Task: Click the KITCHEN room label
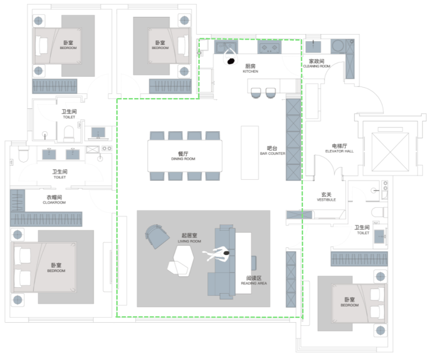pyautogui.click(x=250, y=71)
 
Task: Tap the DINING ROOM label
pyautogui.click(x=183, y=159)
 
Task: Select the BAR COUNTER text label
pyautogui.click(x=273, y=154)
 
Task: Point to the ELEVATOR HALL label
pyautogui.click(x=339, y=151)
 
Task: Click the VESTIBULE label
pyautogui.click(x=326, y=200)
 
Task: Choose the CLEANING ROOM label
pyautogui.click(x=317, y=66)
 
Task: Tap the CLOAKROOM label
pyautogui.click(x=54, y=203)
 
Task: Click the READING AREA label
pyautogui.click(x=254, y=283)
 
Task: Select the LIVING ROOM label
pyautogui.click(x=190, y=241)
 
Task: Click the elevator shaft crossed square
pyautogui.click(x=390, y=152)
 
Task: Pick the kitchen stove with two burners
pyautogui.click(x=269, y=48)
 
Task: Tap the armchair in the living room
pyautogui.click(x=157, y=236)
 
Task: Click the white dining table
pyautogui.click(x=185, y=156)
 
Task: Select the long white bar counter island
pyautogui.click(x=250, y=153)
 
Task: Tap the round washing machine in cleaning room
pyautogui.click(x=338, y=46)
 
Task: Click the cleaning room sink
pyautogui.click(x=313, y=46)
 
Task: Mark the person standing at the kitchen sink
pyautogui.click(x=230, y=57)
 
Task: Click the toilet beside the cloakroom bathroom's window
pyautogui.click(x=23, y=154)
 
